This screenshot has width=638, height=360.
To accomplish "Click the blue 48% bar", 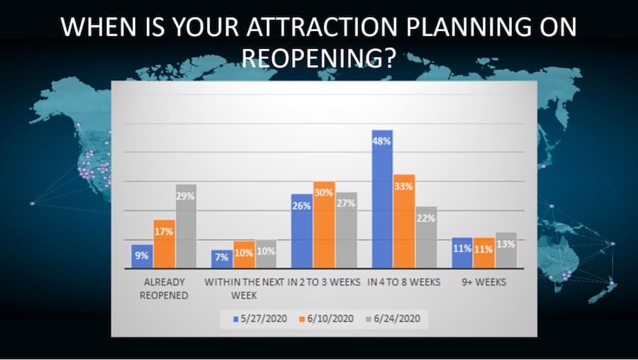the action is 382,199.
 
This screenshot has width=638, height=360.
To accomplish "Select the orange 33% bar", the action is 404,221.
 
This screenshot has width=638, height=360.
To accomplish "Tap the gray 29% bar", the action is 186,226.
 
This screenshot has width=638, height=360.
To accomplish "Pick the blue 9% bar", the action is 142,257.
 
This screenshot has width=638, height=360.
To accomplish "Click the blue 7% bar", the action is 222,259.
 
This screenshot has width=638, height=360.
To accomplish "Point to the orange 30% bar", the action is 324,225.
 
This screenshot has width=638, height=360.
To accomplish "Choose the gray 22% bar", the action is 426,237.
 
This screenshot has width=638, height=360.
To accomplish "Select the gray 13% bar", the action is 506,250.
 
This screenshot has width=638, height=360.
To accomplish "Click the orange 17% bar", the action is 164,244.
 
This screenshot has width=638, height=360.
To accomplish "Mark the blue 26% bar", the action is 302,231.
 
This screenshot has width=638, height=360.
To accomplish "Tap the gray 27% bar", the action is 346,230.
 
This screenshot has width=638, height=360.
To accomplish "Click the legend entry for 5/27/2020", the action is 260,318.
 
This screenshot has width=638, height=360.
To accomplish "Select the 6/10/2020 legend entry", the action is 326,318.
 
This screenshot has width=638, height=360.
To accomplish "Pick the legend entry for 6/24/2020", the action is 393,318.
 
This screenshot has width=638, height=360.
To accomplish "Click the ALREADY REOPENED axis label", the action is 164,288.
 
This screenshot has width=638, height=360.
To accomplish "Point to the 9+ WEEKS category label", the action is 483,282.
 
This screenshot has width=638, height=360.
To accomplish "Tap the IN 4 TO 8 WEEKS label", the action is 403,282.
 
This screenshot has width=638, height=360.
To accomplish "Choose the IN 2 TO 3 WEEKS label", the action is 324,282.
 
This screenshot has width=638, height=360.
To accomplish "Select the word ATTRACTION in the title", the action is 321,27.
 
